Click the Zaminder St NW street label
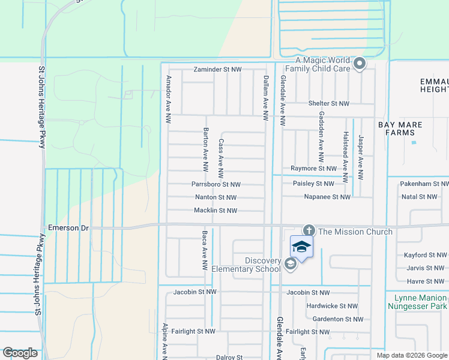pos(217,70)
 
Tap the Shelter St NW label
pos(328,103)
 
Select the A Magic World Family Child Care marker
pos(360,63)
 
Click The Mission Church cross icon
pos(309,230)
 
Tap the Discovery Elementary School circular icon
pos(291,264)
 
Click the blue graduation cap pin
pos(301,247)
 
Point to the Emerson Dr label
pos(68,228)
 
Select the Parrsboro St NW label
pos(216,184)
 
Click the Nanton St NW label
pos(215,197)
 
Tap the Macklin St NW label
pos(215,211)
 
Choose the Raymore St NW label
pos(313,169)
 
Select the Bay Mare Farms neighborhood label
pos(400,128)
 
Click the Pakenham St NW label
pos(424,184)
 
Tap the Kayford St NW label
pos(424,255)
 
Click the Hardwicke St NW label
pos(332,306)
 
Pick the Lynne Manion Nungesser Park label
pos(421,302)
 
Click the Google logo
pos(20,353)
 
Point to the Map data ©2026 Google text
pos(411,355)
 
